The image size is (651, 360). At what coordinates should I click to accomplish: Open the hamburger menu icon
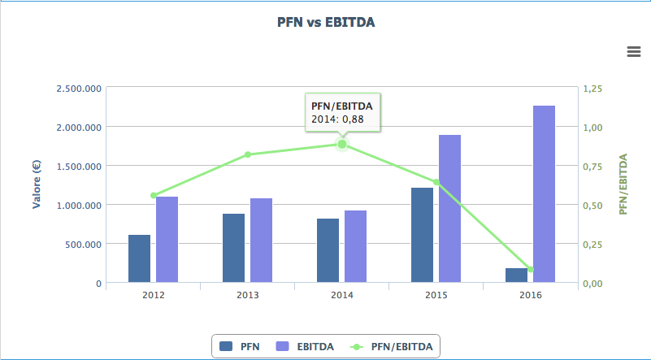pyautogui.click(x=634, y=52)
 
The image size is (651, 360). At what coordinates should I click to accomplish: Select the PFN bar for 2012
pyautogui.click(x=139, y=258)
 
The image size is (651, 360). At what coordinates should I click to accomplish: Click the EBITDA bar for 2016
pyautogui.click(x=544, y=194)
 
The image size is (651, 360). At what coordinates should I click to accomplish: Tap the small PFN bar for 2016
pyautogui.click(x=516, y=275)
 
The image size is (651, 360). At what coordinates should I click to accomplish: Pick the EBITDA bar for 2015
pyautogui.click(x=449, y=209)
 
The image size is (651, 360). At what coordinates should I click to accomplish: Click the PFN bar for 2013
pyautogui.click(x=233, y=248)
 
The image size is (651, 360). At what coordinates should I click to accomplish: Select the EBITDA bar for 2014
pyautogui.click(x=355, y=246)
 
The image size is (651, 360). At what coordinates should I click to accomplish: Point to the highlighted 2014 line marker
pyautogui.click(x=342, y=144)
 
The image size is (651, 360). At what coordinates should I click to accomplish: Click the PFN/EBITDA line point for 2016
pyautogui.click(x=531, y=269)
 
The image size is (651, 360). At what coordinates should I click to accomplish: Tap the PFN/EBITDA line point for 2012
pyautogui.click(x=154, y=195)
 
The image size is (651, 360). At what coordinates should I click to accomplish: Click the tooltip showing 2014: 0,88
pyautogui.click(x=342, y=112)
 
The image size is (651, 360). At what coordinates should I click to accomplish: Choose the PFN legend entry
pyautogui.click(x=240, y=347)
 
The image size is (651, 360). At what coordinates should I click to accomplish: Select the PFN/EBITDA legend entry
pyautogui.click(x=394, y=347)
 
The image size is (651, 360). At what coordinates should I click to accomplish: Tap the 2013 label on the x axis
pyautogui.click(x=247, y=295)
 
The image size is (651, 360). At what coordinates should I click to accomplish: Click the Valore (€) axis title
pyautogui.click(x=37, y=185)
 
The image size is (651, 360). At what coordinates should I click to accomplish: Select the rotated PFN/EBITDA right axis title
pyautogui.click(x=623, y=185)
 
